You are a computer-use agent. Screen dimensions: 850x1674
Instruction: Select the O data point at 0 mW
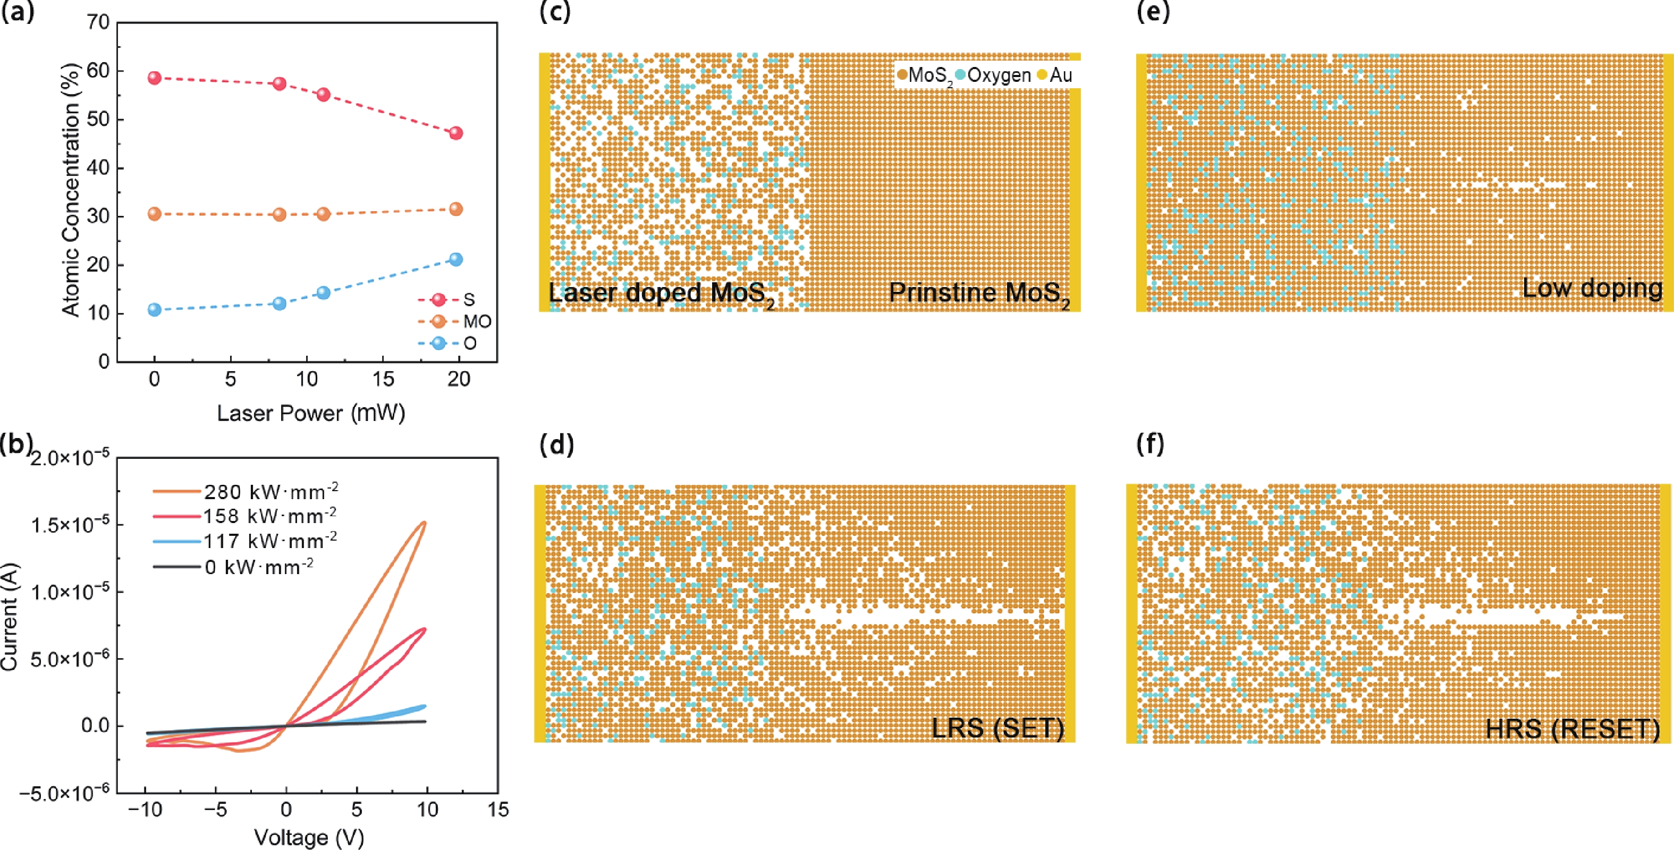pos(155,309)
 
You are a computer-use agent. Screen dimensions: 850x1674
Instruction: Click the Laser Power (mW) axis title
pos(311,413)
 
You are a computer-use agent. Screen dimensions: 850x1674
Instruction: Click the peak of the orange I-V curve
pos(425,522)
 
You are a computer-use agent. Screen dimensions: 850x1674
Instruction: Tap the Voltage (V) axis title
pos(309,838)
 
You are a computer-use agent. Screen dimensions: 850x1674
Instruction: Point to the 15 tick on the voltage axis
pos(498,810)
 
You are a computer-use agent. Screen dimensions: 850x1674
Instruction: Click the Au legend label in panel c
pos(1061,75)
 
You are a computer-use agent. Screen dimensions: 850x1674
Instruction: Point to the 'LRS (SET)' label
pos(997,728)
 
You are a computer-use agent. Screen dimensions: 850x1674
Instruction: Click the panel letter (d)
pos(557,445)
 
